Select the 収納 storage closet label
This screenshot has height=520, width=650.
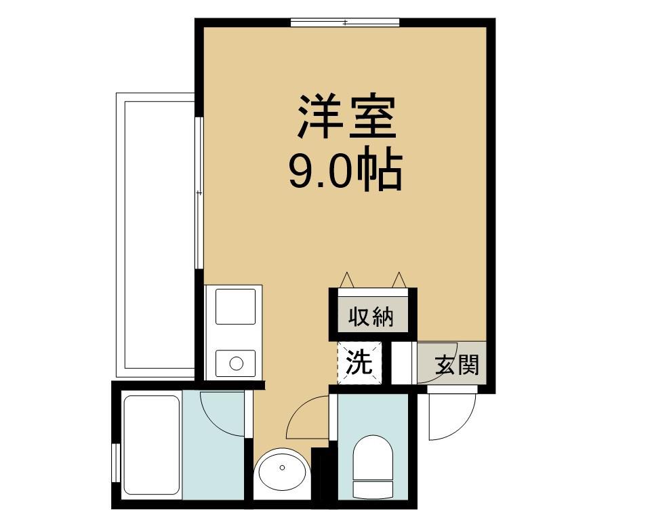coord(371,317)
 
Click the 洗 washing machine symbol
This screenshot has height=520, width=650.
coord(360,363)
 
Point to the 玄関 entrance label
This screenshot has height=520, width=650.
coord(457,365)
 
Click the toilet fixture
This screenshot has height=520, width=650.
coord(373,464)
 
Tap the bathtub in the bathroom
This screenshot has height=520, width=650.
coord(151,445)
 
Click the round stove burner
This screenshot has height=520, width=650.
coord(236,363)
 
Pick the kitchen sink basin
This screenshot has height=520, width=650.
coord(235,306)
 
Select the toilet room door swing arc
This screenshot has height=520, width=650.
coord(308,418)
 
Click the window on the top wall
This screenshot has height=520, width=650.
coord(345,23)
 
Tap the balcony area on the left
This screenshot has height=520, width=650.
coord(156,234)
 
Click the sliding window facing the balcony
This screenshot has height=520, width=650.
coord(199,193)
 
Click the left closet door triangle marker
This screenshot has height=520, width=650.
coord(347,279)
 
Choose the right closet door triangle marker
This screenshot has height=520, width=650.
coord(399,279)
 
